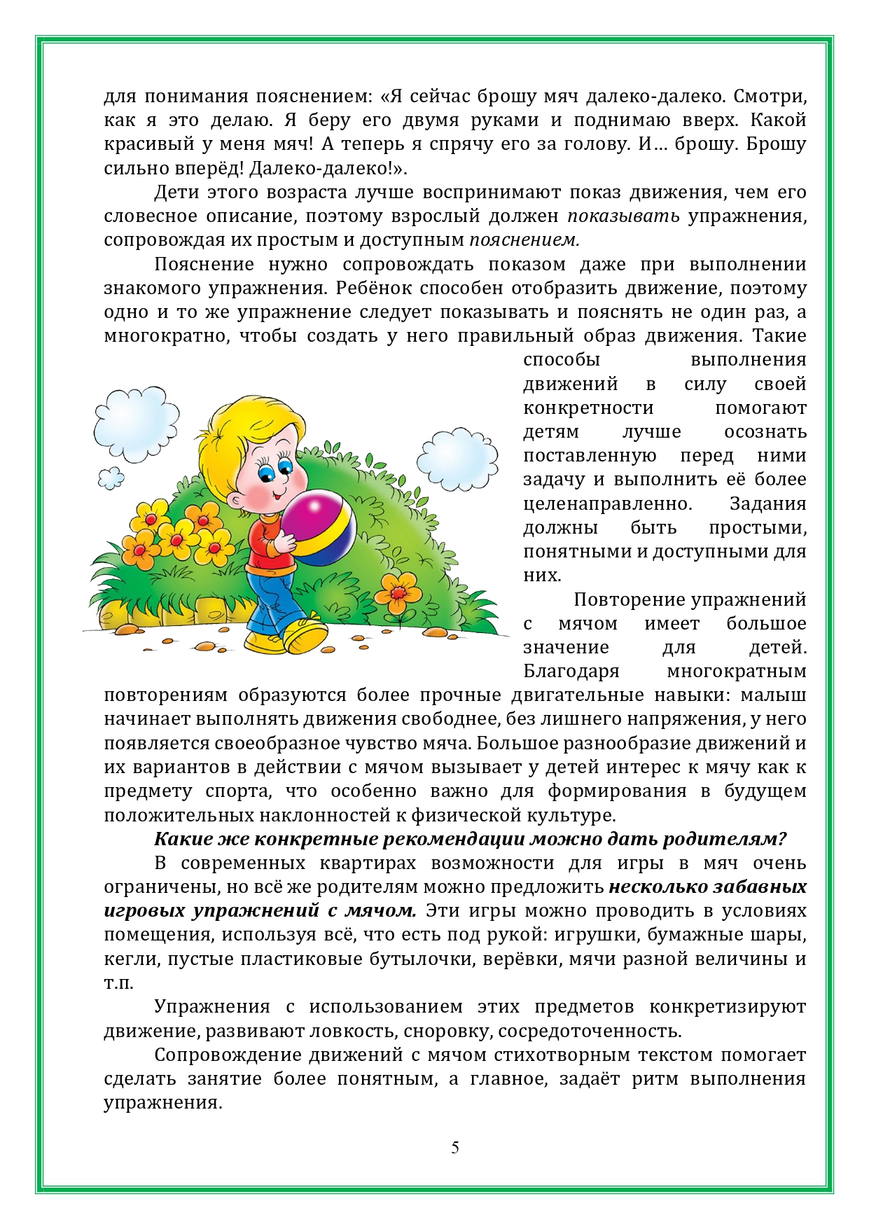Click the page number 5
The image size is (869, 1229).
[x=455, y=1147]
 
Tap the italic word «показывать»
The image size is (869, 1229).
[x=623, y=216]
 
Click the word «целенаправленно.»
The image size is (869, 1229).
[x=607, y=504]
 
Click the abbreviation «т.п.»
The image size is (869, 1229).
[x=118, y=982]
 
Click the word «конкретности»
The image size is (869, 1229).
[x=588, y=408]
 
